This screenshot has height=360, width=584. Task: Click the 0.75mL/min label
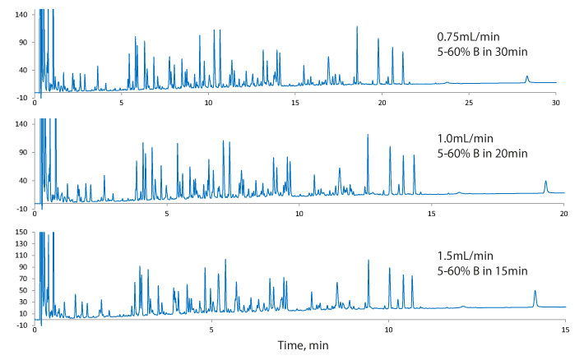tap(468, 37)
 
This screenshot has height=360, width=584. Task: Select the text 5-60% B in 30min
tap(481, 51)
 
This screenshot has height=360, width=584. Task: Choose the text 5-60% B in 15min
tap(481, 270)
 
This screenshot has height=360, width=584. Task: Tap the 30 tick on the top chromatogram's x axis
tap(555, 104)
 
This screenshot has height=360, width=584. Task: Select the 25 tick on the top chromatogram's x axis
tap(469, 104)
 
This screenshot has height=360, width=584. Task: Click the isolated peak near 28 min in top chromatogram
tap(527, 77)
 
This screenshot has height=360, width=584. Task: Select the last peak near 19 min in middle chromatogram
tap(545, 183)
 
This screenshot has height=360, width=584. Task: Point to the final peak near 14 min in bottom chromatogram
tap(535, 293)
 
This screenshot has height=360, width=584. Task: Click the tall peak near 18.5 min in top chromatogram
tap(357, 29)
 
